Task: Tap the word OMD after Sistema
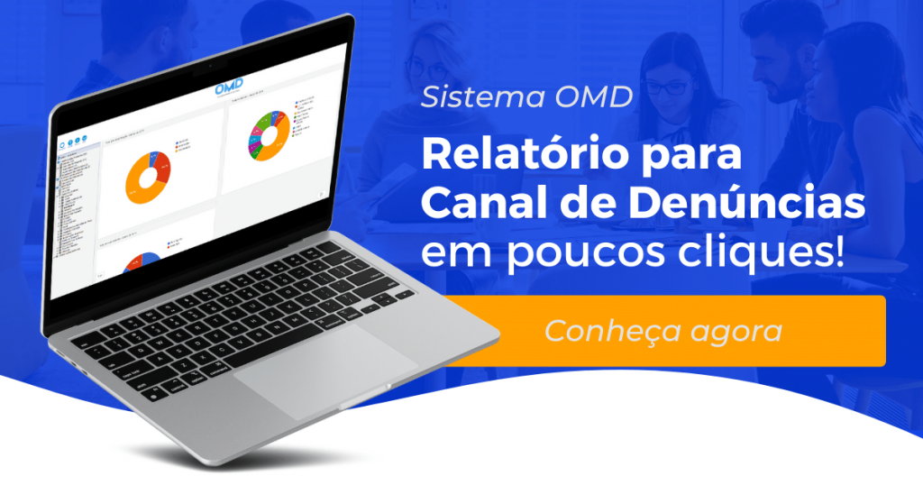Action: [x=590, y=97]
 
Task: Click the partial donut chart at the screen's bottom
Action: [x=140, y=261]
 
